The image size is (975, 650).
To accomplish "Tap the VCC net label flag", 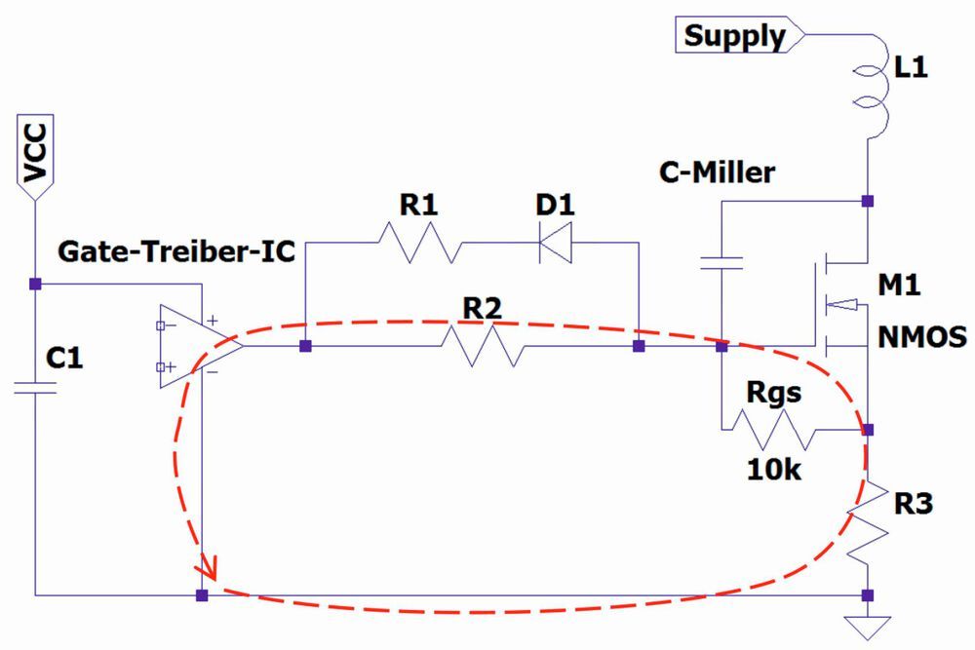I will point(35,156).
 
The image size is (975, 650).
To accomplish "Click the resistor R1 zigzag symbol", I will point(416,242).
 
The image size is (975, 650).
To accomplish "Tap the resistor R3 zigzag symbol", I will point(867,521).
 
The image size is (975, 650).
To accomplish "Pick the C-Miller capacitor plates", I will point(721,261).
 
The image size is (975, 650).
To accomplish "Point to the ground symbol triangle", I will point(867,624).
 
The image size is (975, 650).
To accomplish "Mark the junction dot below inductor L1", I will point(867,201).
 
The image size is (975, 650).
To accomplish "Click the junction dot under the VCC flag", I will point(35,284).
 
